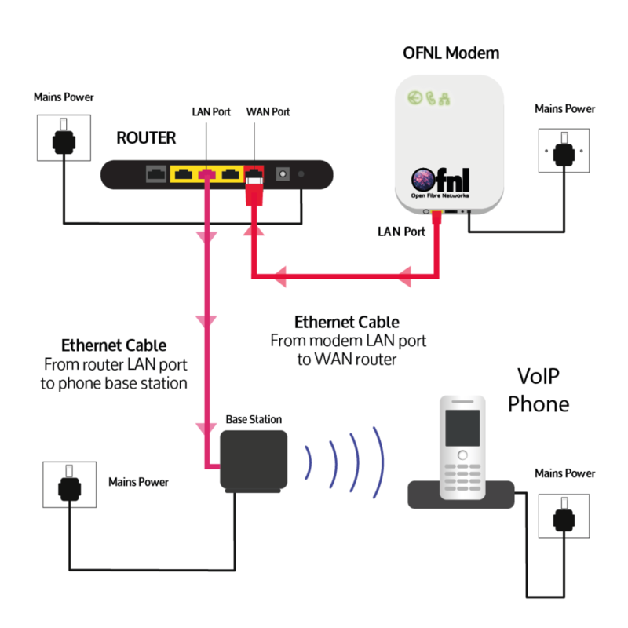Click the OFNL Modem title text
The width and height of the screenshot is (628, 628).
450,53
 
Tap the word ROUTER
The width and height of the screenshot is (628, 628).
146,138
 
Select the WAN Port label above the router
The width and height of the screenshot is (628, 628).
268,112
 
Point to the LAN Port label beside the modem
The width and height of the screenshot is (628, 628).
401,232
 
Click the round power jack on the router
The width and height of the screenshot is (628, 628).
282,174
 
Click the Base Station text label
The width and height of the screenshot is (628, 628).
254,420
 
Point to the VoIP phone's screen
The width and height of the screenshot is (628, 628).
462,427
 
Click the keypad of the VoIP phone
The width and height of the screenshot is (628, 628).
462,473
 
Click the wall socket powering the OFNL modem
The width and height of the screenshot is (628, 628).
562,151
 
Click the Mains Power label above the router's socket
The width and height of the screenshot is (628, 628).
64,97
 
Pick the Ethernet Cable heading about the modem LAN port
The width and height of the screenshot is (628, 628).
346,322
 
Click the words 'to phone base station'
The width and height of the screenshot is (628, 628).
115,383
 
